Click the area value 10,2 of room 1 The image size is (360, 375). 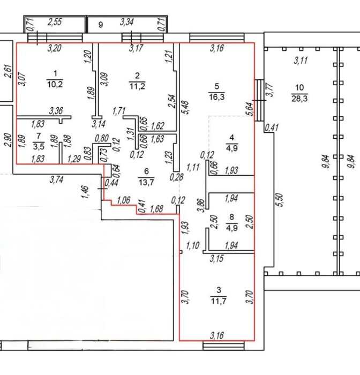tap(55, 85)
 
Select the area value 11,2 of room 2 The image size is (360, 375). tap(137, 86)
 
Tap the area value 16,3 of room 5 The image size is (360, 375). tap(216, 97)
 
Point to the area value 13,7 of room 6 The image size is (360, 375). tap(146, 182)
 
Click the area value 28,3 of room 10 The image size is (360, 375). tap(299, 98)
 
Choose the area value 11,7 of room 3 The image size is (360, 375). tap(219, 301)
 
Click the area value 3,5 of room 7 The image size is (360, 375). tap(39, 146)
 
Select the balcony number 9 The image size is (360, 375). tap(101, 25)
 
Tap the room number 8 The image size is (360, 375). tap(231, 217)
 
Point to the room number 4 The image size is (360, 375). tap(231, 138)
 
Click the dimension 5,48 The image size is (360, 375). tap(185, 108)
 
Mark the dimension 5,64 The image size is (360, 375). tap(250, 109)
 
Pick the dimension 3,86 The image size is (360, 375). tap(202, 205)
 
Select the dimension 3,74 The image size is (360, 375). tap(56, 179)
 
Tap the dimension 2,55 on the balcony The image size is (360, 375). tap(55, 22)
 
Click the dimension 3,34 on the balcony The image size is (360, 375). tap(126, 22)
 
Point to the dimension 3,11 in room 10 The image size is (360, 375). tap(301, 60)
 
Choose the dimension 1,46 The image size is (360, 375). tap(85, 192)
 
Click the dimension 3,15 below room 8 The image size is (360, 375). tap(217, 259)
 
